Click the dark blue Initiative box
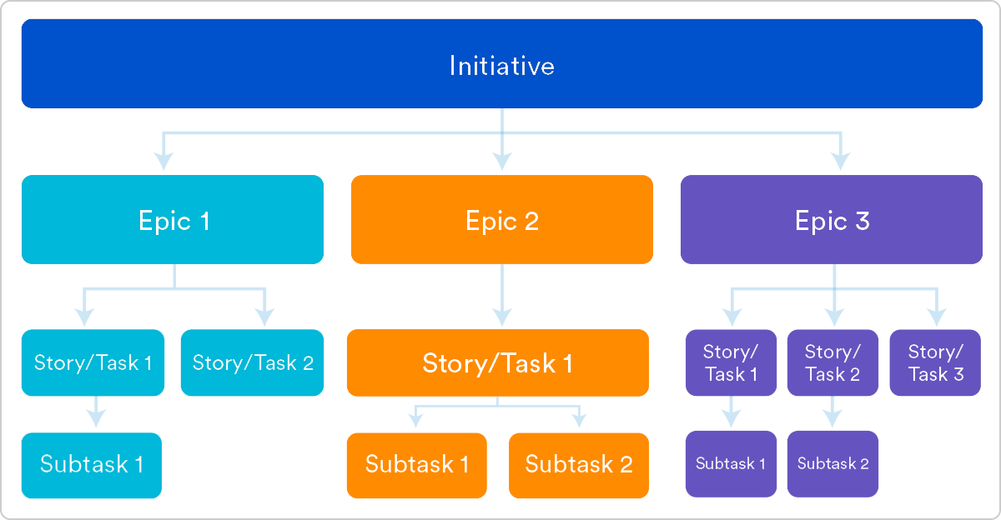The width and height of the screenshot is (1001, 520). pos(501,64)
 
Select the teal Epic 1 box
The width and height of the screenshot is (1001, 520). pos(173,220)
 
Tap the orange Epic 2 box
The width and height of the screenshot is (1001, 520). pos(501,220)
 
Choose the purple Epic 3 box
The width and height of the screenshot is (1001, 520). pos(832,220)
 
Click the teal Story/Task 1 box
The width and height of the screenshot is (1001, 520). pos(93,362)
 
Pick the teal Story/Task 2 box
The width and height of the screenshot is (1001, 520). pos(253,362)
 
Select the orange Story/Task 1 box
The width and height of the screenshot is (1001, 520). pos(497,362)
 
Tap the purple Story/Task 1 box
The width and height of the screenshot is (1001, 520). pos(731,362)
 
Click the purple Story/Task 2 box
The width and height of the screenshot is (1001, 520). pos(832,362)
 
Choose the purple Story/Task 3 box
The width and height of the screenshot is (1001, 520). pos(935,362)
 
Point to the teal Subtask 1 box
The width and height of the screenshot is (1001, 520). pos(92,465)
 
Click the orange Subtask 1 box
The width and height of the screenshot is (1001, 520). pos(416,465)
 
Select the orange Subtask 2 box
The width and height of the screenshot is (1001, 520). pos(578,465)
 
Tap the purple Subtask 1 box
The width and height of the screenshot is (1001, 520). pos(731,463)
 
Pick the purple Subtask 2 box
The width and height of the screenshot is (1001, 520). pos(832,463)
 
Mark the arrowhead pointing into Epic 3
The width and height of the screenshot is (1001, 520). pos(841,159)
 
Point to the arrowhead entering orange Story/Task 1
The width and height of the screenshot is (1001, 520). pos(501,317)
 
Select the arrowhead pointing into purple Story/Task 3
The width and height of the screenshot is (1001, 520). pos(936,317)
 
